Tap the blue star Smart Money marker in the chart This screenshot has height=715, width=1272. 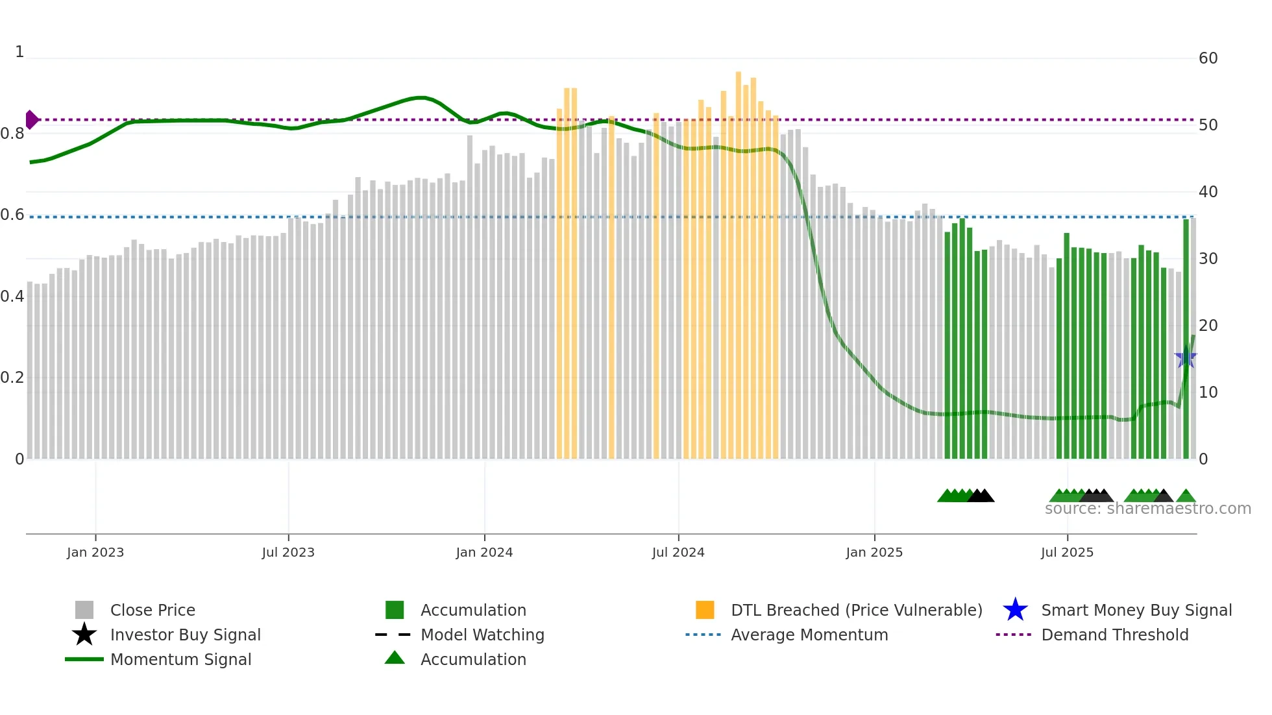(x=1186, y=357)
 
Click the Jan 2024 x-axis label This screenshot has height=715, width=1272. (x=484, y=552)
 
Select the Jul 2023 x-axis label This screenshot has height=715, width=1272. (x=288, y=552)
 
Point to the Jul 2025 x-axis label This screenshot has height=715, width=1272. (x=1067, y=552)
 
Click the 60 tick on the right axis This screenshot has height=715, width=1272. (x=1208, y=58)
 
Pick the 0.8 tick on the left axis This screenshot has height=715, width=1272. (x=12, y=134)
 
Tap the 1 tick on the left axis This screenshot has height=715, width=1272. (x=19, y=52)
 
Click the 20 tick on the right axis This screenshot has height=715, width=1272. (x=1208, y=325)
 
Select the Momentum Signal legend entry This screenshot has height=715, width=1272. (x=180, y=659)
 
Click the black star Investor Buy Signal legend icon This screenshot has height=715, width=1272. (x=84, y=635)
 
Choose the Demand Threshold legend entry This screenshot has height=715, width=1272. (x=1114, y=635)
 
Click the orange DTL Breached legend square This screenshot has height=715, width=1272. (x=705, y=610)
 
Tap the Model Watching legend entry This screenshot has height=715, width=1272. (x=482, y=635)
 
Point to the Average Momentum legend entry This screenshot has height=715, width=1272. (x=809, y=635)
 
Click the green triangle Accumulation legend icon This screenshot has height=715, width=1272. (x=395, y=658)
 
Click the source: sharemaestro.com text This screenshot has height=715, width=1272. (x=1147, y=509)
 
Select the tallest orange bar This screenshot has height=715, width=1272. (x=739, y=260)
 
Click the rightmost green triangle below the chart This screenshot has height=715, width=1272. (x=1186, y=496)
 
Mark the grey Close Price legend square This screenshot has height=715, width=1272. (x=84, y=610)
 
